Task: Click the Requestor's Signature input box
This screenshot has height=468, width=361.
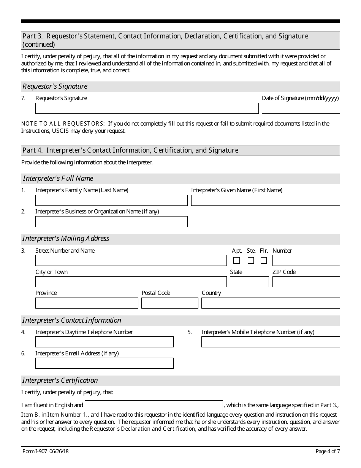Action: tap(147, 108)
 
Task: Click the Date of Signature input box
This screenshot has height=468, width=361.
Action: tap(301, 108)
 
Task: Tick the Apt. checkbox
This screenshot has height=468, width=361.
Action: tap(237, 261)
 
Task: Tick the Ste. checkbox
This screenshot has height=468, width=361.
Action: tap(251, 261)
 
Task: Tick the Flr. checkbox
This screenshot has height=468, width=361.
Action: tap(264, 261)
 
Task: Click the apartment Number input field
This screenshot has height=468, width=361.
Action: tap(306, 261)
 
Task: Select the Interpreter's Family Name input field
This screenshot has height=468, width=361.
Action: tap(111, 201)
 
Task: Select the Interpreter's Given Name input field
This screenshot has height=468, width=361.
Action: tap(265, 201)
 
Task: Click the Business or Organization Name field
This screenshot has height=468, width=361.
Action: tap(111, 222)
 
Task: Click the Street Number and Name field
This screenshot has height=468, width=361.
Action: tap(131, 261)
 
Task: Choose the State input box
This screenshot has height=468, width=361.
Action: tap(249, 282)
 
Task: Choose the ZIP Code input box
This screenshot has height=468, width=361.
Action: tap(306, 282)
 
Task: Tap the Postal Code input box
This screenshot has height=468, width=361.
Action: tap(170, 303)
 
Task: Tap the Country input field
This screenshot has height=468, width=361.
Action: tap(271, 303)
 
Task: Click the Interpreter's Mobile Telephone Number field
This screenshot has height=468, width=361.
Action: tap(271, 342)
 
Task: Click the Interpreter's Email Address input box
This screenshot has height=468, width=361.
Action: tap(104, 363)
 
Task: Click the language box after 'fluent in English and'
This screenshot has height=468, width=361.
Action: tap(154, 406)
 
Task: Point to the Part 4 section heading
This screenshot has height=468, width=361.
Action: tap(130, 150)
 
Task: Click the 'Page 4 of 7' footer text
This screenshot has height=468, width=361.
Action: tap(328, 452)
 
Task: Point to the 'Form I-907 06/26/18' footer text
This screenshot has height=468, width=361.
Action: tap(45, 452)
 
